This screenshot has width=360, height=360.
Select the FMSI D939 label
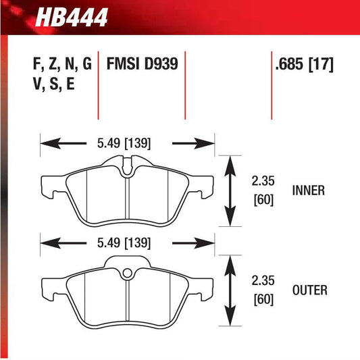tap(142, 66)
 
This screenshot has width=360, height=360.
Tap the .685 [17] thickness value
tap(305, 66)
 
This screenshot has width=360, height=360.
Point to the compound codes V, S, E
tap(53, 86)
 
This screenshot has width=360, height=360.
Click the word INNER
tap(309, 190)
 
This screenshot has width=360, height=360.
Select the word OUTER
tap(311, 290)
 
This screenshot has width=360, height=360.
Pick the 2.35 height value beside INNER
tap(262, 180)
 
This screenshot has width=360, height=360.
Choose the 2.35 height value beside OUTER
tap(262, 280)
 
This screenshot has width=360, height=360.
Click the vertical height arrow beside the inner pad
tap(230, 191)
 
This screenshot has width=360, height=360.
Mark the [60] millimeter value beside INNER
tap(262, 201)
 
